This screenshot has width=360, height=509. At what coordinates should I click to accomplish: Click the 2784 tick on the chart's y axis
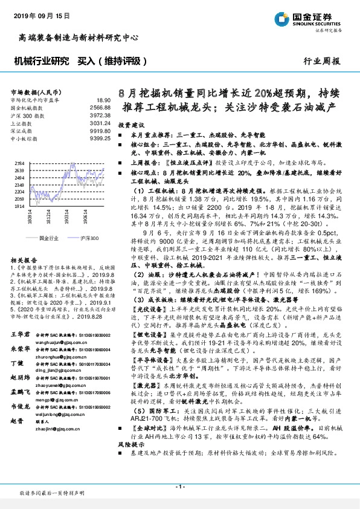pyautogui.click(x=19, y=164)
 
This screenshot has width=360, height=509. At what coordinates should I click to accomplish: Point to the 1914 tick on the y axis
pyautogui.click(x=19, y=207)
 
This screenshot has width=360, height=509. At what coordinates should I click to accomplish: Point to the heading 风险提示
pyautogui.click(x=129, y=462)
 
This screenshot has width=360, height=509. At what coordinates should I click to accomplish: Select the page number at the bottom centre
pyautogui.click(x=179, y=487)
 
